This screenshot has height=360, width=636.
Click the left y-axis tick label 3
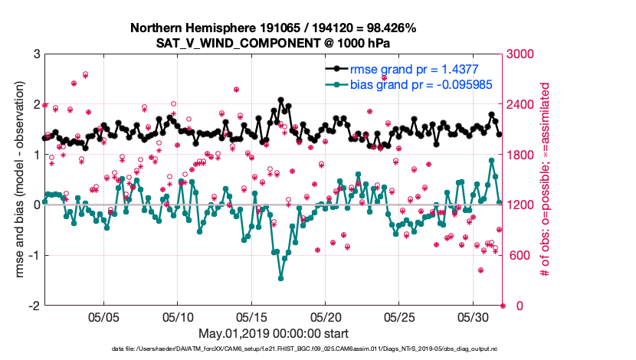click(x=37, y=54)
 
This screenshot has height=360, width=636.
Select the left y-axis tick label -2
click(x=34, y=306)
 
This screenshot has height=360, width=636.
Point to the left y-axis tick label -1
click(x=34, y=255)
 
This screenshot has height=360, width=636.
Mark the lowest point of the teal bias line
click(x=281, y=278)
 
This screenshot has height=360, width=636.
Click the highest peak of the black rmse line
click(x=281, y=100)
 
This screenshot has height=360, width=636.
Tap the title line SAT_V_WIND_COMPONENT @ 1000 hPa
click(x=274, y=43)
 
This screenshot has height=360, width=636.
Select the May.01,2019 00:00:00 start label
click(x=274, y=334)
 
